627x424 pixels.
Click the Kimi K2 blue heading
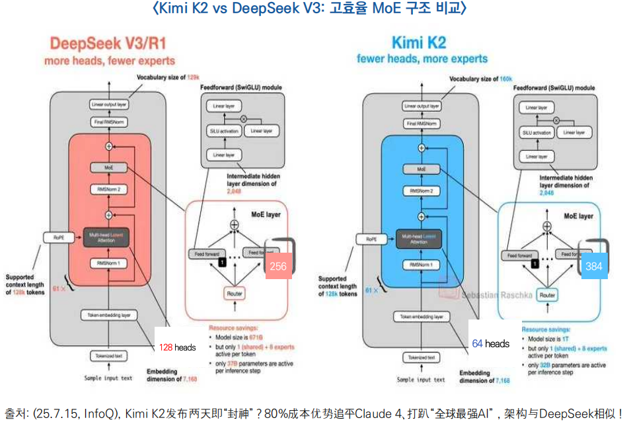419,44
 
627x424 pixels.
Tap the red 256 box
278,266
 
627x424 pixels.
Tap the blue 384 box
593,266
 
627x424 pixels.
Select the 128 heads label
176,347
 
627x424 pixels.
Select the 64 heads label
490,344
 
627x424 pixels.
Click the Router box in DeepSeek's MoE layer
235,293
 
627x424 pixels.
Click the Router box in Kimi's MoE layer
546,295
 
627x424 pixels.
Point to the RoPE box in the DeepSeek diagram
54,236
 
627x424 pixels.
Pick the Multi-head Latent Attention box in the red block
109,237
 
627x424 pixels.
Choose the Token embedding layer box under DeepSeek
109,316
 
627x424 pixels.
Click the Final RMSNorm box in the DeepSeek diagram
109,123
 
